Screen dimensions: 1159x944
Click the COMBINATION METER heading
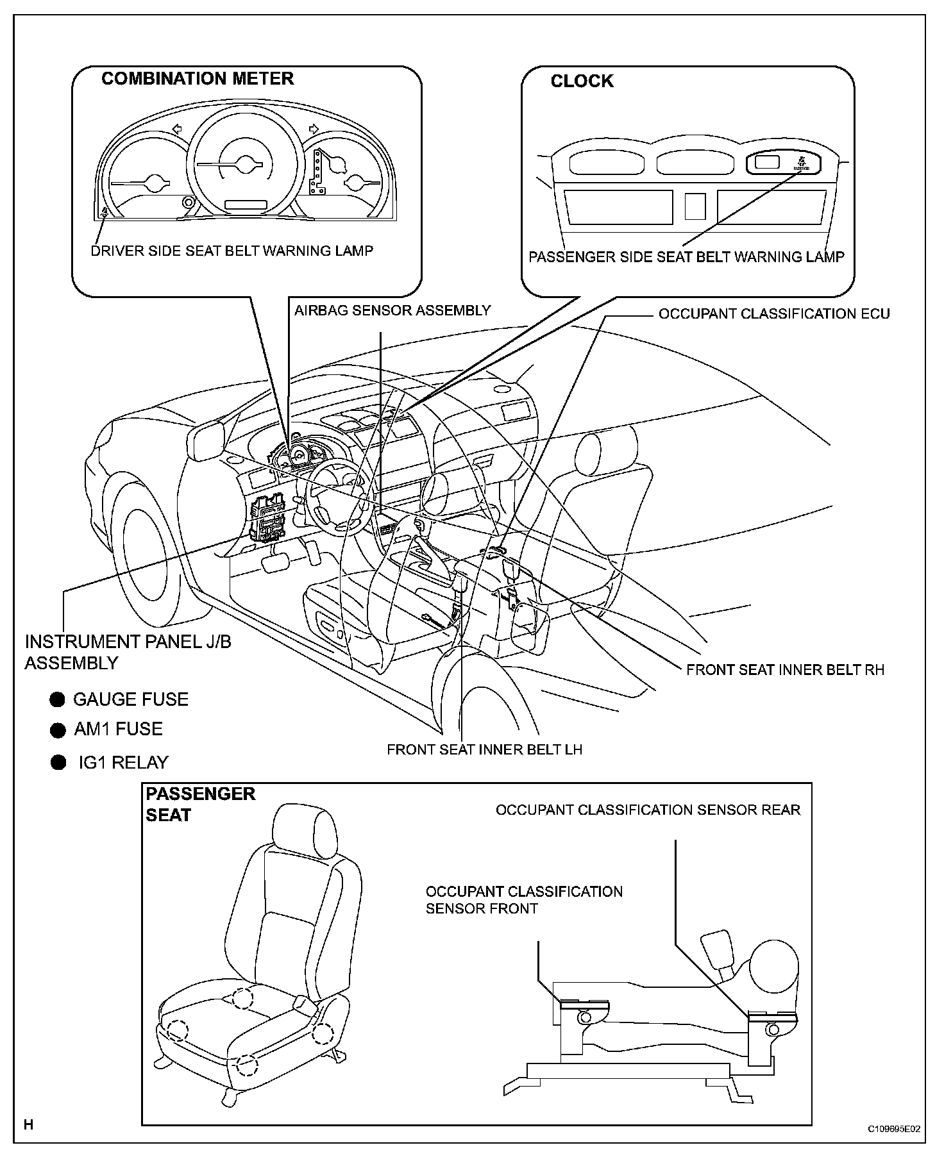[198, 79]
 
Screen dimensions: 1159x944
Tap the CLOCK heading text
[582, 81]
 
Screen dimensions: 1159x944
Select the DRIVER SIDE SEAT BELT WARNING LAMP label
[232, 251]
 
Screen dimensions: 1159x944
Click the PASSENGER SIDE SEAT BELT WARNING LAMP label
[686, 257]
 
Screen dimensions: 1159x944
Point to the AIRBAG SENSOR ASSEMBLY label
[392, 311]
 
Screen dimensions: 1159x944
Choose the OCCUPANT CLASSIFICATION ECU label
[774, 314]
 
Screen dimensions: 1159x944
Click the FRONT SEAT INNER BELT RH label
[785, 670]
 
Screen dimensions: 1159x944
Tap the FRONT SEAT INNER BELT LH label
[484, 749]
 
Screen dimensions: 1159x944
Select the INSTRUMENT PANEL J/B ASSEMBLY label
[128, 652]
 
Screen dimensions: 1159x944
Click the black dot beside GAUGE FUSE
[58, 699]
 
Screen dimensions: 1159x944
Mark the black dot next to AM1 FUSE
[58, 730]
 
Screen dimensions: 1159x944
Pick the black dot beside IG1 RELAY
[58, 762]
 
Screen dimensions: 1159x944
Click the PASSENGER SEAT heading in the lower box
[200, 805]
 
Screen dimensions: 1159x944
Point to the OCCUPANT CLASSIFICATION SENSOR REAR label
[648, 810]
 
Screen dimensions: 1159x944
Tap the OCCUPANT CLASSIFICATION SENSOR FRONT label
[524, 900]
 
